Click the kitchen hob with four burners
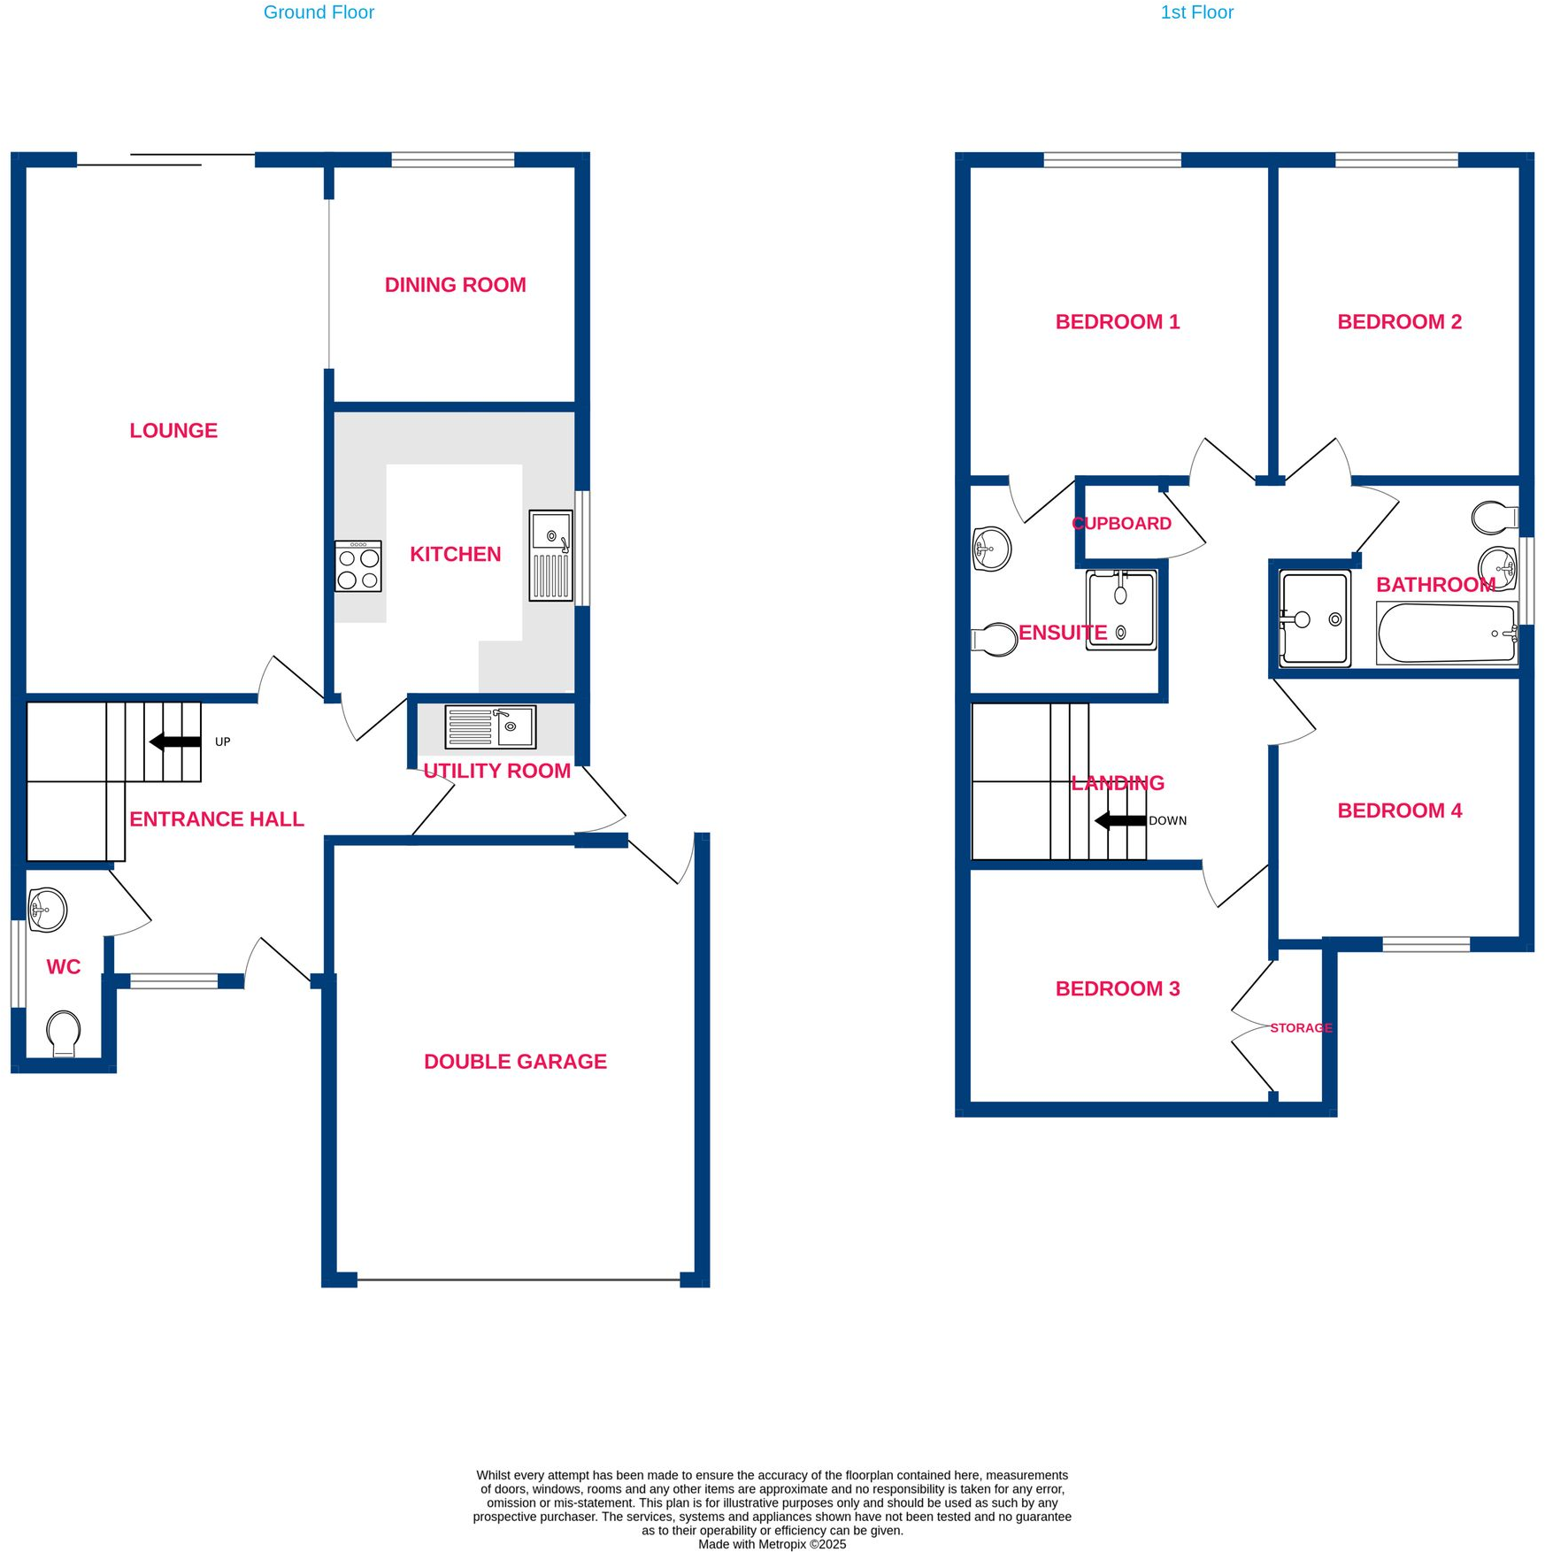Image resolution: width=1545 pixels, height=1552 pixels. tap(358, 566)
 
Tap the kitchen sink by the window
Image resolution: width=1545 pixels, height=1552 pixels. tap(550, 556)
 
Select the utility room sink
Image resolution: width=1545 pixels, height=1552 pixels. tap(489, 726)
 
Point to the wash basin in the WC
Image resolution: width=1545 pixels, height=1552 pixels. tap(48, 910)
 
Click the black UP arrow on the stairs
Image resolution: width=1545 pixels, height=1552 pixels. tap(175, 741)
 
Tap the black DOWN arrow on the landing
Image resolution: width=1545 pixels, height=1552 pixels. tap(1120, 820)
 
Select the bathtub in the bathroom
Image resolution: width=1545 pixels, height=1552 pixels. tap(1447, 633)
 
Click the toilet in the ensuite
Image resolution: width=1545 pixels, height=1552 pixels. tap(995, 639)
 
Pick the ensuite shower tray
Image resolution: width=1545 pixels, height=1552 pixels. tap(1121, 610)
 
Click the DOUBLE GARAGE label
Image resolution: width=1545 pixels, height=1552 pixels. tap(515, 1062)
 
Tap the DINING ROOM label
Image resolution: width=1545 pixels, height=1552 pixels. tap(455, 285)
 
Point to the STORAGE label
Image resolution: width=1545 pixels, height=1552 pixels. tap(1301, 1028)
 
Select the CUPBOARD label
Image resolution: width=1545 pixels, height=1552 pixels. tap(1122, 524)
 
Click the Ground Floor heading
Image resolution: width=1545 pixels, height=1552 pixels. tap(319, 12)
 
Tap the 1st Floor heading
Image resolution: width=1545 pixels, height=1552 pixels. tap(1196, 12)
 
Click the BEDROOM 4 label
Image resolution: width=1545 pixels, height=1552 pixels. tap(1399, 811)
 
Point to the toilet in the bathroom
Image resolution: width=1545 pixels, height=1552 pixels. tap(1494, 518)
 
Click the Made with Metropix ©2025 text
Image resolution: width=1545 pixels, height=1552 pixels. tap(772, 1544)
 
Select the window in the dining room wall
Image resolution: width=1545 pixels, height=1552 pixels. tap(452, 159)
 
